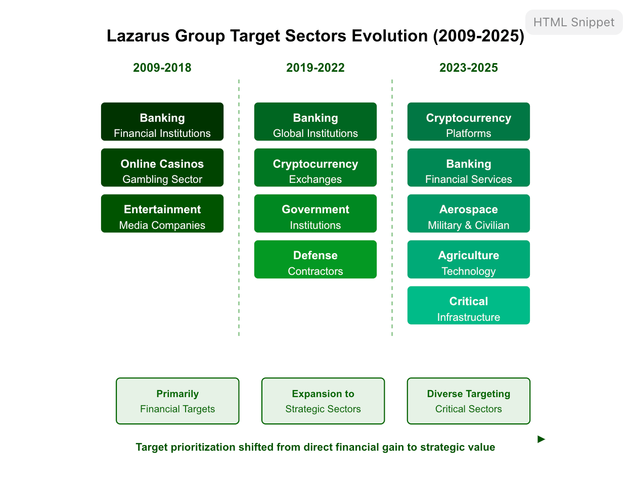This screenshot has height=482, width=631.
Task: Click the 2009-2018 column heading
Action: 162,68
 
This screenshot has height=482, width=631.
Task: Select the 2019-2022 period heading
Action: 315,68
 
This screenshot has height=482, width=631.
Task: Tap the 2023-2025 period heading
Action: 468,68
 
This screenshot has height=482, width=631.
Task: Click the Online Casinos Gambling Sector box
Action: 162,167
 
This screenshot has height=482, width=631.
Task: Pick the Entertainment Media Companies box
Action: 162,213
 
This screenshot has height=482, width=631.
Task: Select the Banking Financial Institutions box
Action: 162,121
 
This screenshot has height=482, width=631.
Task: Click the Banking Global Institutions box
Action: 315,121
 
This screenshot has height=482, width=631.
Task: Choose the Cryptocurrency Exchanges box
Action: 315,167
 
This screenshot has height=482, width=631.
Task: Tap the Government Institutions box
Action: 315,213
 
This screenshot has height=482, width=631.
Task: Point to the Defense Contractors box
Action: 315,259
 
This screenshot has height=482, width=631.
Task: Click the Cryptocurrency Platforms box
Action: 468,121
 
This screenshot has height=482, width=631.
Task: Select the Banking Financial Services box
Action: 468,167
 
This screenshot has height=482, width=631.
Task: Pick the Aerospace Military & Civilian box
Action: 468,213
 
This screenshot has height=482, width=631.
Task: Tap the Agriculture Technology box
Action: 468,259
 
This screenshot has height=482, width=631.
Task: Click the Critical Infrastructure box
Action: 468,305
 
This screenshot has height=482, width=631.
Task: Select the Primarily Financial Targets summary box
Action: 177,401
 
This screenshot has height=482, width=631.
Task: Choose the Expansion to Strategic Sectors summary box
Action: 323,401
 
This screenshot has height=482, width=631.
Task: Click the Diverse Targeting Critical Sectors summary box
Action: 469,401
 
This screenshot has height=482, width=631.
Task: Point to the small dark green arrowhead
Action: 541,439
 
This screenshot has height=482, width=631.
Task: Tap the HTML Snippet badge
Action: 574,22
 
